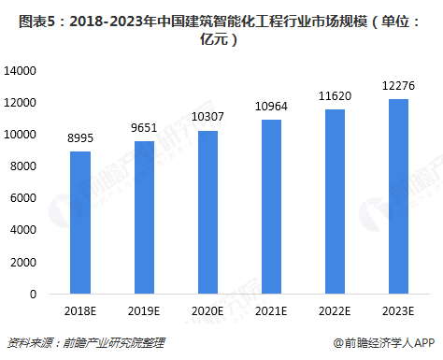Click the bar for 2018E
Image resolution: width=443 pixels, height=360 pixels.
pos(80,223)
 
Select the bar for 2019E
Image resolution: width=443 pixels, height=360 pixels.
pos(144,217)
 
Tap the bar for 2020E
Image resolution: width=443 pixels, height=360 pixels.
pos(207,212)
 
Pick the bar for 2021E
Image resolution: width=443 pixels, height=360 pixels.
pos(271,207)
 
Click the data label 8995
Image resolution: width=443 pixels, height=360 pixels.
pos(80,138)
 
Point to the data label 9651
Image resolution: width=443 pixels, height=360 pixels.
pos(144,128)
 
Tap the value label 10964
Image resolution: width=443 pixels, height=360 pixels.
pos(271,107)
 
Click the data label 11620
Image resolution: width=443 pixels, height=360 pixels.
pos(335,96)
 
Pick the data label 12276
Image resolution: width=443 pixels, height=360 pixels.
pos(398,86)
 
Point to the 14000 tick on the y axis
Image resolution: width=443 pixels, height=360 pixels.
pos(20,71)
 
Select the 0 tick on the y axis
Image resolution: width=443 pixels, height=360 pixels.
pos(33,295)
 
